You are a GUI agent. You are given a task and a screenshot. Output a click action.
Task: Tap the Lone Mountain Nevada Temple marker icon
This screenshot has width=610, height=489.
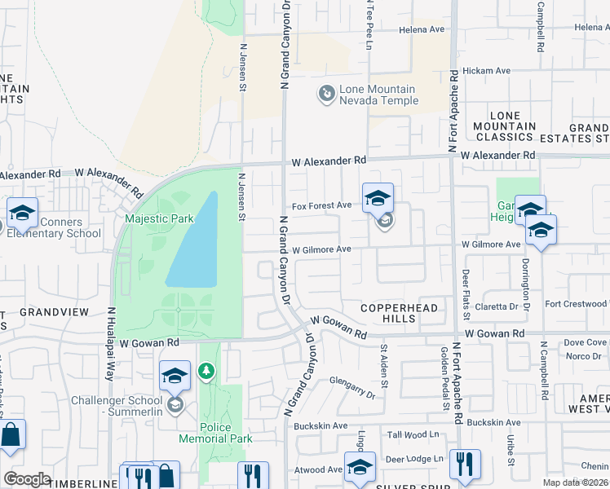coord(326,95)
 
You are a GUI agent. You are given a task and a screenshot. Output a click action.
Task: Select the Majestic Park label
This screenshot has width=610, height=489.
coord(159,218)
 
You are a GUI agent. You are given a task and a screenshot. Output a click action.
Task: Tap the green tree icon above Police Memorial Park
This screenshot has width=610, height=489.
coord(207,372)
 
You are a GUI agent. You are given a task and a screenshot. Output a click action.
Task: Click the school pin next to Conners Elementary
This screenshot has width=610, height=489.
coord(23,214)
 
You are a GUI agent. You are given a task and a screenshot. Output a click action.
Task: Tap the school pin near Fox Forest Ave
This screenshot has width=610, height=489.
coord(378,198)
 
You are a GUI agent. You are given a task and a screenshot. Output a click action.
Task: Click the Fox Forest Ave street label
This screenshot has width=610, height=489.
coord(322,206)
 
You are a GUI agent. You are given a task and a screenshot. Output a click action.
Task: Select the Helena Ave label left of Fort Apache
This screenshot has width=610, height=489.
coord(421,29)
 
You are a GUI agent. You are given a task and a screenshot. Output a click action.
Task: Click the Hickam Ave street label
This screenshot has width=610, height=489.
coord(486,71)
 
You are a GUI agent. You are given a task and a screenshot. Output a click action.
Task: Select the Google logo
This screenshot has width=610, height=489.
coord(27,479)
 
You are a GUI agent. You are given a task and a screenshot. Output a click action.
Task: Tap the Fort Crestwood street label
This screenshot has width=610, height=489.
coord(576,304)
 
